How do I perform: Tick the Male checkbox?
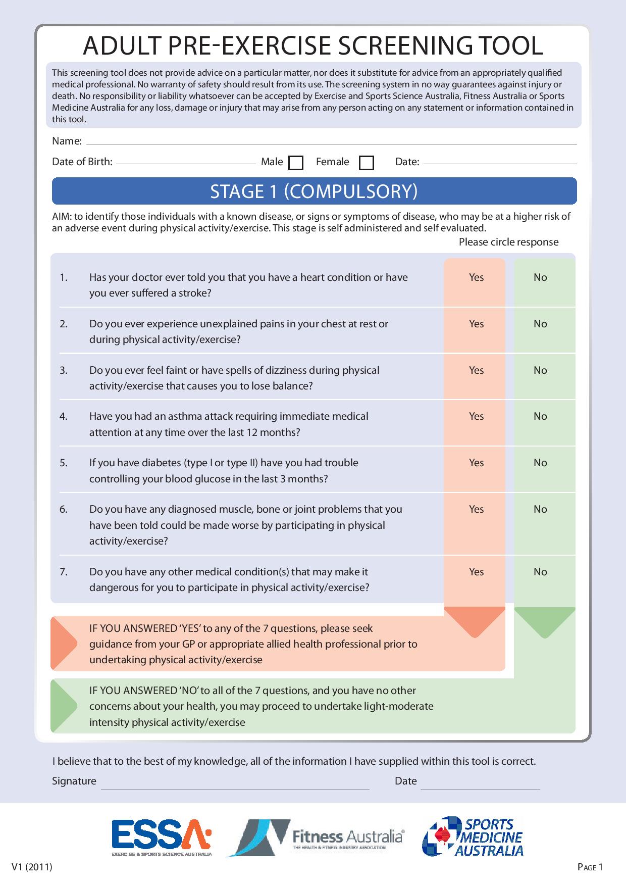click(x=295, y=163)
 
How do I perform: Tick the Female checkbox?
click(x=367, y=163)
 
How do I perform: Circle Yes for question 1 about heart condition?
click(x=476, y=277)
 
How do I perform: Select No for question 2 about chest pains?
click(x=540, y=324)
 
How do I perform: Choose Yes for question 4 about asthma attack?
click(x=476, y=416)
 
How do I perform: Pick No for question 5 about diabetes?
click(x=540, y=463)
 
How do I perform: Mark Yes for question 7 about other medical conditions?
click(x=476, y=572)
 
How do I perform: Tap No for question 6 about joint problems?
click(x=540, y=509)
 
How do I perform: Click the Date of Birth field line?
click(x=186, y=162)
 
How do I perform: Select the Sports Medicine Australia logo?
click(x=473, y=836)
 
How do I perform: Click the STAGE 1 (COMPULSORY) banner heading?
click(x=314, y=191)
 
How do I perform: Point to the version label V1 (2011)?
click(x=31, y=867)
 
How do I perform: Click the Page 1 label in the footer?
click(x=590, y=868)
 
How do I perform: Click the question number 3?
click(x=64, y=370)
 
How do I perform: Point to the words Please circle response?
click(x=508, y=242)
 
